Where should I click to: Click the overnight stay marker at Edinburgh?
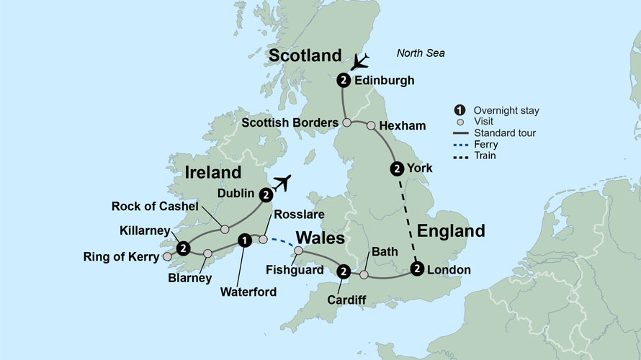pos(344,80)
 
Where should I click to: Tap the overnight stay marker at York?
pos(396,169)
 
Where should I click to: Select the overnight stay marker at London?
pos(417,269)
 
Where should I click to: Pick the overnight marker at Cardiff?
pos(344,271)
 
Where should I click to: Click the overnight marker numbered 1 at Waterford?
pos(245,240)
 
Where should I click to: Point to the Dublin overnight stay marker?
pos(266,194)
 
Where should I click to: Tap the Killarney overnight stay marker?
pos(184,248)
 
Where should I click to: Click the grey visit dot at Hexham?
pos(371,126)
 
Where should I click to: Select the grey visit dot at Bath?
pos(364,274)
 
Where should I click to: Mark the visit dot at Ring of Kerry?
pos(167,256)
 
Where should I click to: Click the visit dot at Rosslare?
pos(264,239)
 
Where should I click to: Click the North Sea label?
pos(421,53)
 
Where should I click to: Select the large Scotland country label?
pos(305,55)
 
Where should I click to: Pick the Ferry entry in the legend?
pos(486,144)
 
